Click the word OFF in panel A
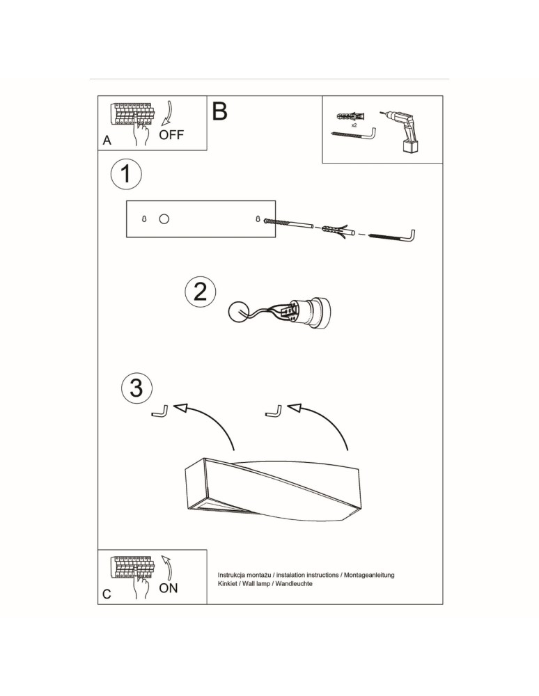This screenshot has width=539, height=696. coord(171,135)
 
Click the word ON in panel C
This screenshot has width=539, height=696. coord(169,588)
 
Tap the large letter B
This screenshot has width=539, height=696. coord(219,111)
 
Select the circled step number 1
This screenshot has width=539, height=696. coord(125,174)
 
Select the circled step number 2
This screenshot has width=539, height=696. coord(200,292)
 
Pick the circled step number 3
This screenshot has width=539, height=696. coord(136,387)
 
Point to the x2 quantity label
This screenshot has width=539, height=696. coord(354,125)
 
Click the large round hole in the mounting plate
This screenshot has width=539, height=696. coord(164,219)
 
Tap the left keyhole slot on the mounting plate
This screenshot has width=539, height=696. coord(144,219)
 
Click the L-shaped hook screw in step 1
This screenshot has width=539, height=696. coord(393,237)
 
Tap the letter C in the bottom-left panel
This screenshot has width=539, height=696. coord(107,595)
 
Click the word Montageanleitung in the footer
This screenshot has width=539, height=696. coord(368,575)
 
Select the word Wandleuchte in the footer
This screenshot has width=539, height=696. coord(292,585)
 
